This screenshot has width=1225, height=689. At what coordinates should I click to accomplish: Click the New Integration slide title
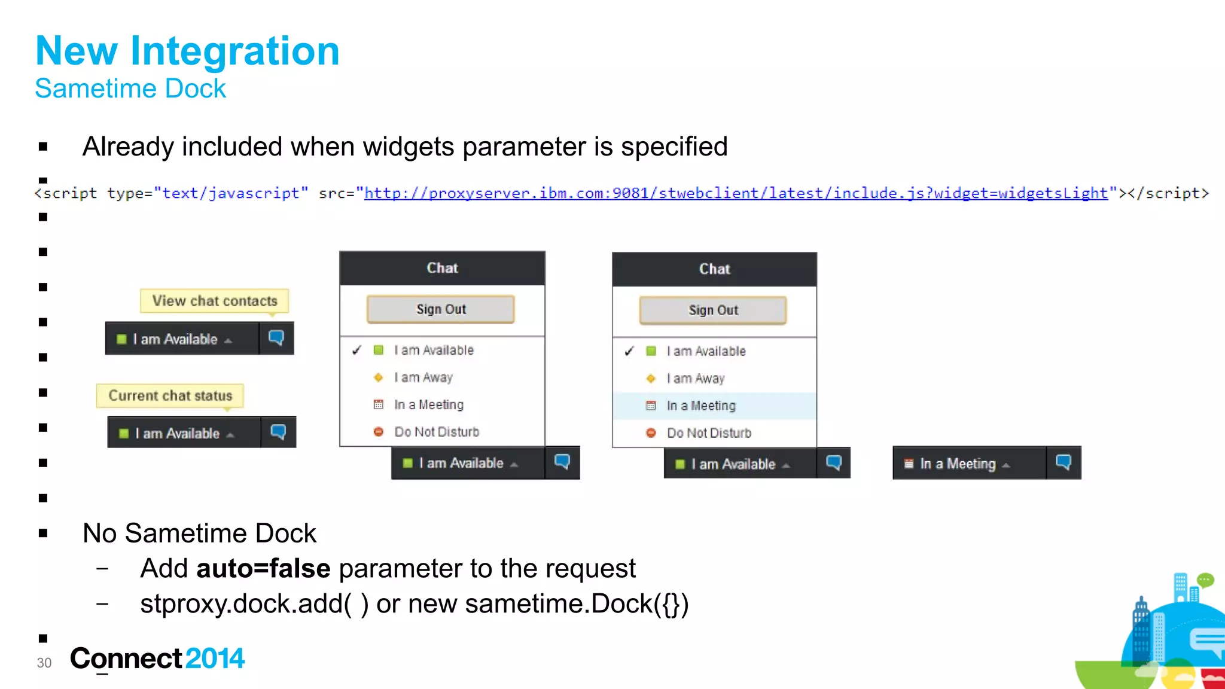pyautogui.click(x=187, y=51)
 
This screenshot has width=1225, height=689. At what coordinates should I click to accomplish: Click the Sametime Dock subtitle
pyautogui.click(x=130, y=89)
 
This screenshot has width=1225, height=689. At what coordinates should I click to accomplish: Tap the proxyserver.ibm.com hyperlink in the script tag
pyautogui.click(x=736, y=193)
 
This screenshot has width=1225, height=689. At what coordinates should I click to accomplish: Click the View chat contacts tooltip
pyautogui.click(x=215, y=301)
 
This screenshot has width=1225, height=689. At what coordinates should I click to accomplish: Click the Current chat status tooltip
pyautogui.click(x=170, y=395)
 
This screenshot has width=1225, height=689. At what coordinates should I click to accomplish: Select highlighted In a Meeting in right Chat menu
pyautogui.click(x=701, y=406)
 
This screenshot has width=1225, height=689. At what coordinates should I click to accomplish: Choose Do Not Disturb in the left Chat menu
pyautogui.click(x=437, y=432)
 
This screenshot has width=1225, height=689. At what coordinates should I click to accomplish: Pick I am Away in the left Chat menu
pyautogui.click(x=423, y=377)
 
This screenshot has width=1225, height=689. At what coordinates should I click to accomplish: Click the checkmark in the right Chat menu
pyautogui.click(x=629, y=351)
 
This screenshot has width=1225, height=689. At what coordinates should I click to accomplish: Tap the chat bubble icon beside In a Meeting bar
pyautogui.click(x=1064, y=462)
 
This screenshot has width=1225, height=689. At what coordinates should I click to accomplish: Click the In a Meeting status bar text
pyautogui.click(x=958, y=464)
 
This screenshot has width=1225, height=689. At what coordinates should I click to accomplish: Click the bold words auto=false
pyautogui.click(x=263, y=568)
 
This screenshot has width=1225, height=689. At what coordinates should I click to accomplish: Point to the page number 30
pyautogui.click(x=44, y=663)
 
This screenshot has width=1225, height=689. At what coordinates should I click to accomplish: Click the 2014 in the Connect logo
pyautogui.click(x=215, y=658)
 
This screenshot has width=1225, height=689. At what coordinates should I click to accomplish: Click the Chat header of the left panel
pyautogui.click(x=442, y=268)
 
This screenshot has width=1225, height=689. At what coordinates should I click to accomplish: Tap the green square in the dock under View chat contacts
pyautogui.click(x=121, y=339)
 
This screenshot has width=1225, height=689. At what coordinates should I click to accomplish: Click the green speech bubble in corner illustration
pyautogui.click(x=1205, y=580)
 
